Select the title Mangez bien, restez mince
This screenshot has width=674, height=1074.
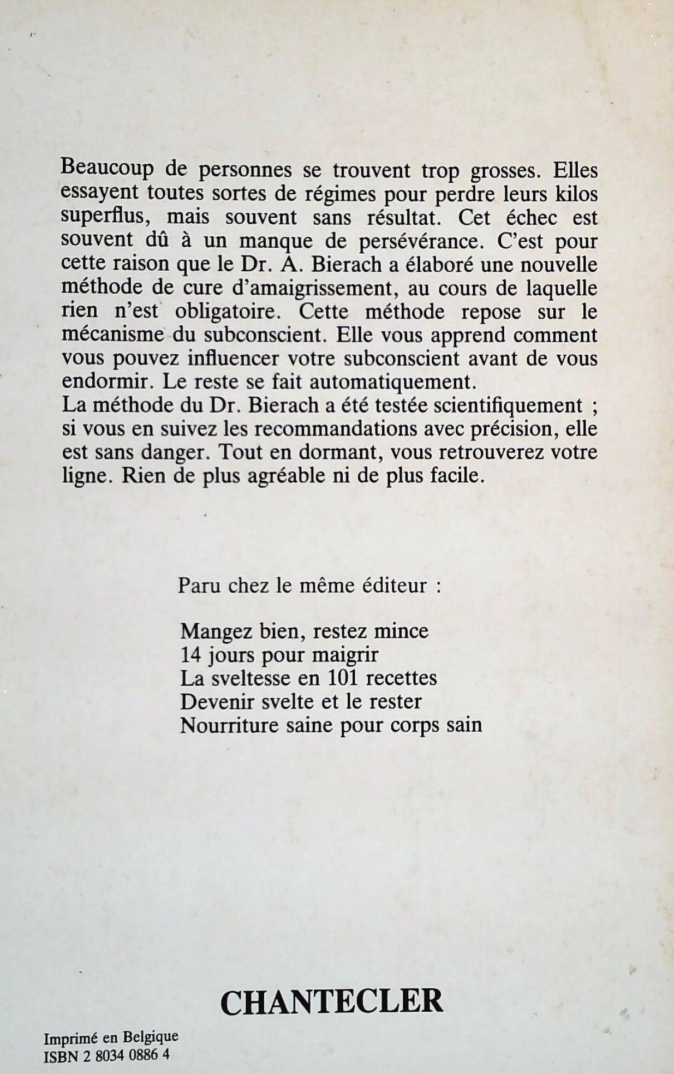click(304, 631)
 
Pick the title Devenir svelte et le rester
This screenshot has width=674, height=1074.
click(301, 701)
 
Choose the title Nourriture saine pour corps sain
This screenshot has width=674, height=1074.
click(331, 725)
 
